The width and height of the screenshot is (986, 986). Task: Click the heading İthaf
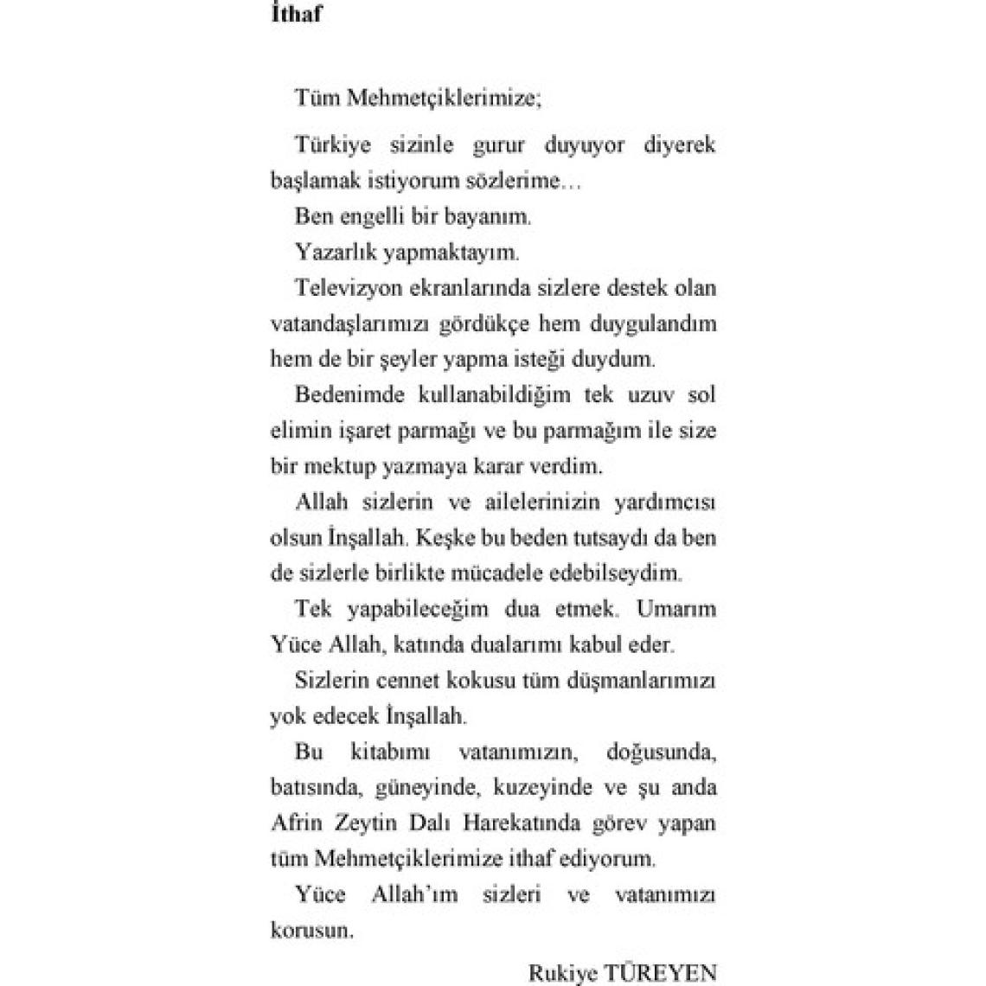tap(296, 16)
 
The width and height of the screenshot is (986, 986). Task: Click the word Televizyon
tap(353, 287)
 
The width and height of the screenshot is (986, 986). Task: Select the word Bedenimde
tap(351, 395)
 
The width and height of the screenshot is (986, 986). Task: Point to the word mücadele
tap(498, 573)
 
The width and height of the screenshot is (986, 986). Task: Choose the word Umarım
tap(676, 609)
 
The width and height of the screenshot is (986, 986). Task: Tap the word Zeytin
tap(362, 823)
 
